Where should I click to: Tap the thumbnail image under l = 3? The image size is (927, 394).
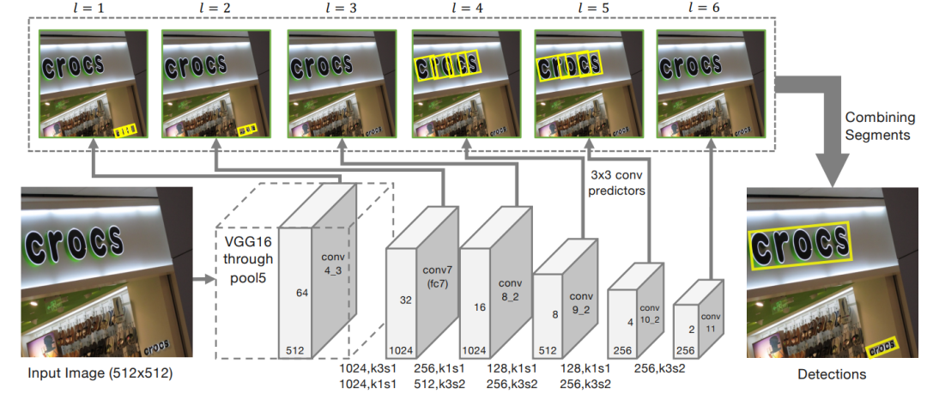pyautogui.click(x=341, y=83)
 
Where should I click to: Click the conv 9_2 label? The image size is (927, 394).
pyautogui.click(x=581, y=301)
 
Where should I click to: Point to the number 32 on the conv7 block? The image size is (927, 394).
pyautogui.click(x=405, y=300)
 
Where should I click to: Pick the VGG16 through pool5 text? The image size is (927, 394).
pyautogui.click(x=248, y=259)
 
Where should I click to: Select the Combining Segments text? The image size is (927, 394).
pyautogui.click(x=877, y=126)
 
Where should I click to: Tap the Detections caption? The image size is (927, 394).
pyautogui.click(x=831, y=374)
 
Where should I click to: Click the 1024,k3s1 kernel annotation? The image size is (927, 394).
pyautogui.click(x=363, y=368)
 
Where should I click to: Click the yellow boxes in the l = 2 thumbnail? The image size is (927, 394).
pyautogui.click(x=246, y=129)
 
